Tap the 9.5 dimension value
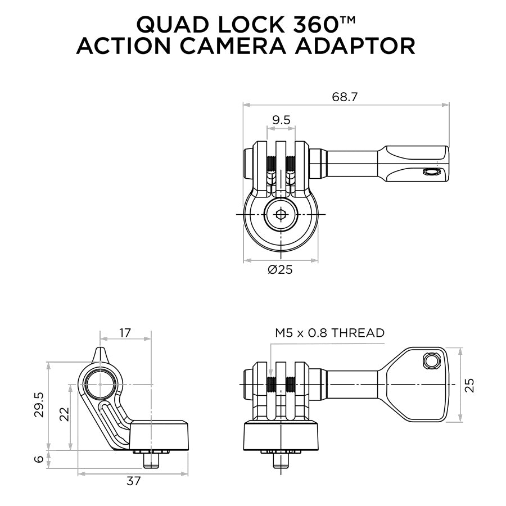(x=281, y=120)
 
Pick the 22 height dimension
(x=65, y=415)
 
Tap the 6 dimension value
(x=38, y=459)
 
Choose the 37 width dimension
(x=133, y=481)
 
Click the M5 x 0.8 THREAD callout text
(x=329, y=332)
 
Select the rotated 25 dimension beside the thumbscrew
(x=470, y=385)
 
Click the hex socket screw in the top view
(x=281, y=214)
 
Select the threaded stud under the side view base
(x=150, y=459)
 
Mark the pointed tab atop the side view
(x=101, y=354)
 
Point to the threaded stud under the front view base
(x=281, y=459)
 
